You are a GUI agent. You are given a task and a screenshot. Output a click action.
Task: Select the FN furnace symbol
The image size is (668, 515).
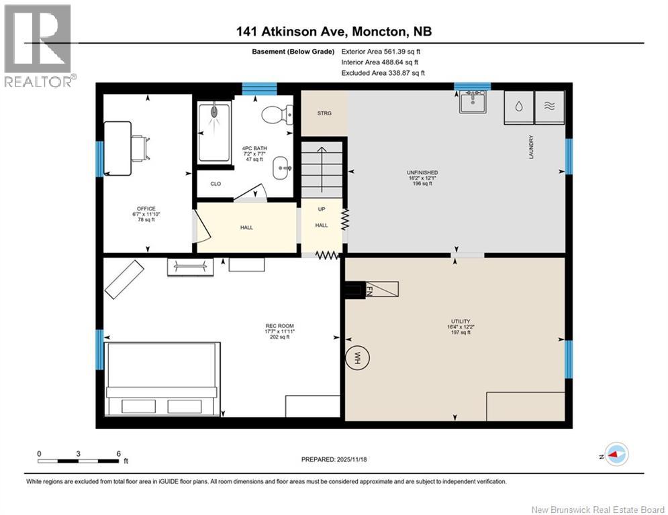click(368, 290)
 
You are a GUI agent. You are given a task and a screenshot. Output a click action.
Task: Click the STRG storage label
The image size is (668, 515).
click(324, 113)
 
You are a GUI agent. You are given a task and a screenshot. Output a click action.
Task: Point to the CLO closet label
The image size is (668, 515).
click(216, 183)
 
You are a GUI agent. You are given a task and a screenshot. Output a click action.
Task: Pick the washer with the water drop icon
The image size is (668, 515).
click(519, 106)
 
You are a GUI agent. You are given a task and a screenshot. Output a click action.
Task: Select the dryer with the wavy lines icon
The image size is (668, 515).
click(550, 106)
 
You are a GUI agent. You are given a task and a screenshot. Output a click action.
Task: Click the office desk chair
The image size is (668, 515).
click(139, 148)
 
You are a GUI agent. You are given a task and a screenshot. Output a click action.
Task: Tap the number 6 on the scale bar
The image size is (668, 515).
click(118, 453)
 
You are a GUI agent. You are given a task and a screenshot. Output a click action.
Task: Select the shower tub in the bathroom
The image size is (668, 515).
click(213, 132)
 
